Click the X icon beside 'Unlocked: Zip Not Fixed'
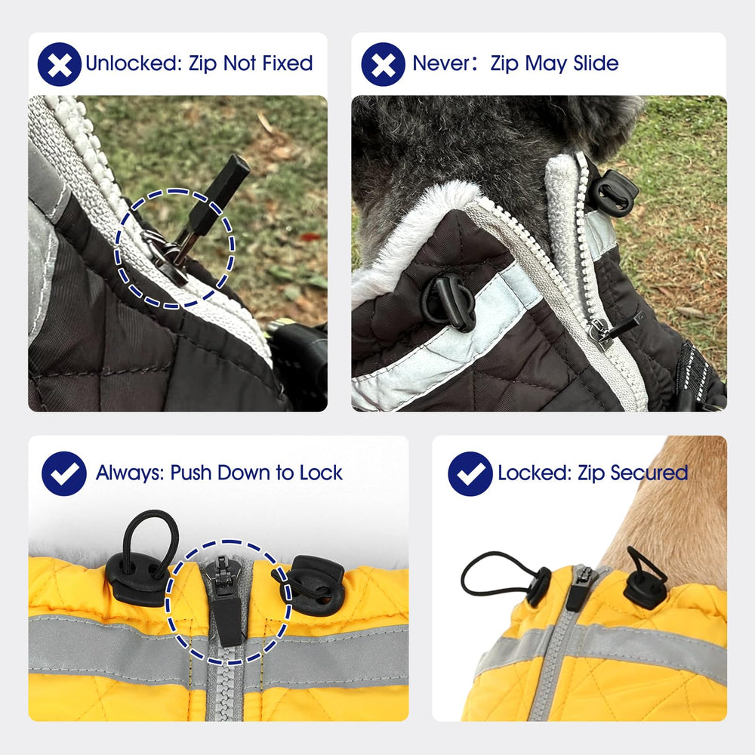pos(59,64)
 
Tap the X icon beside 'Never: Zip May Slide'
pos(384,64)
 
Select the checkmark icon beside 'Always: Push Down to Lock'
pos(64,473)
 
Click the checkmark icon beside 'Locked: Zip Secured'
pos(470,474)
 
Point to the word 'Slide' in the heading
pos(596,63)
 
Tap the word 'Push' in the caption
pos(191,473)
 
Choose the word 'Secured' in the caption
pos(649,473)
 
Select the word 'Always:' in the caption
pos(131,473)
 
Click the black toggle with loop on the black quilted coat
pos(448,303)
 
